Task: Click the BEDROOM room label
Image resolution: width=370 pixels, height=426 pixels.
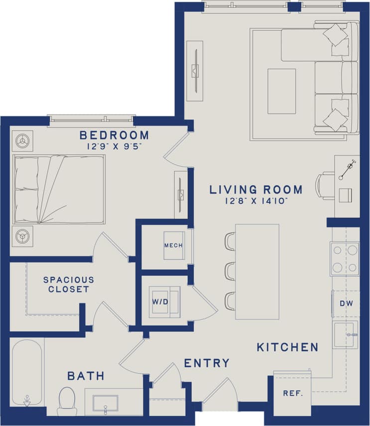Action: (x=114, y=135)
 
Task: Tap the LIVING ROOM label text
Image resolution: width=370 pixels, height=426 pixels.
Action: (x=255, y=190)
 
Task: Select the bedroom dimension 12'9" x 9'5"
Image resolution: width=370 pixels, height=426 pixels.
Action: (x=114, y=146)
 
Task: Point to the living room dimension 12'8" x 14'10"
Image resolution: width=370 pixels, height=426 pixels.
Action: (x=255, y=201)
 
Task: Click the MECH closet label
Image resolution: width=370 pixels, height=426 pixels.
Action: (x=173, y=246)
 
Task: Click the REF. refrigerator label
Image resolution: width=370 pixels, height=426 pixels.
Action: (x=293, y=393)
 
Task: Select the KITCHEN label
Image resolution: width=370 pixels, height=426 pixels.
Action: (x=287, y=347)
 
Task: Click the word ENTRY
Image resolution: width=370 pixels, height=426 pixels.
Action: (x=207, y=363)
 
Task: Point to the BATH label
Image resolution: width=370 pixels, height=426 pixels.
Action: (x=86, y=376)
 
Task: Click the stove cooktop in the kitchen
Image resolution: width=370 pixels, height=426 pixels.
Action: (x=344, y=259)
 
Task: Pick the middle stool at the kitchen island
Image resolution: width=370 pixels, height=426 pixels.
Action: (x=230, y=271)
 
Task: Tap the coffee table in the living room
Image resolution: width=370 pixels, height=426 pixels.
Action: (x=281, y=92)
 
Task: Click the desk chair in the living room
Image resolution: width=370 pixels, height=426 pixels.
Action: (x=325, y=186)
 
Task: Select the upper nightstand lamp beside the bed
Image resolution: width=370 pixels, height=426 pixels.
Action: (x=22, y=141)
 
